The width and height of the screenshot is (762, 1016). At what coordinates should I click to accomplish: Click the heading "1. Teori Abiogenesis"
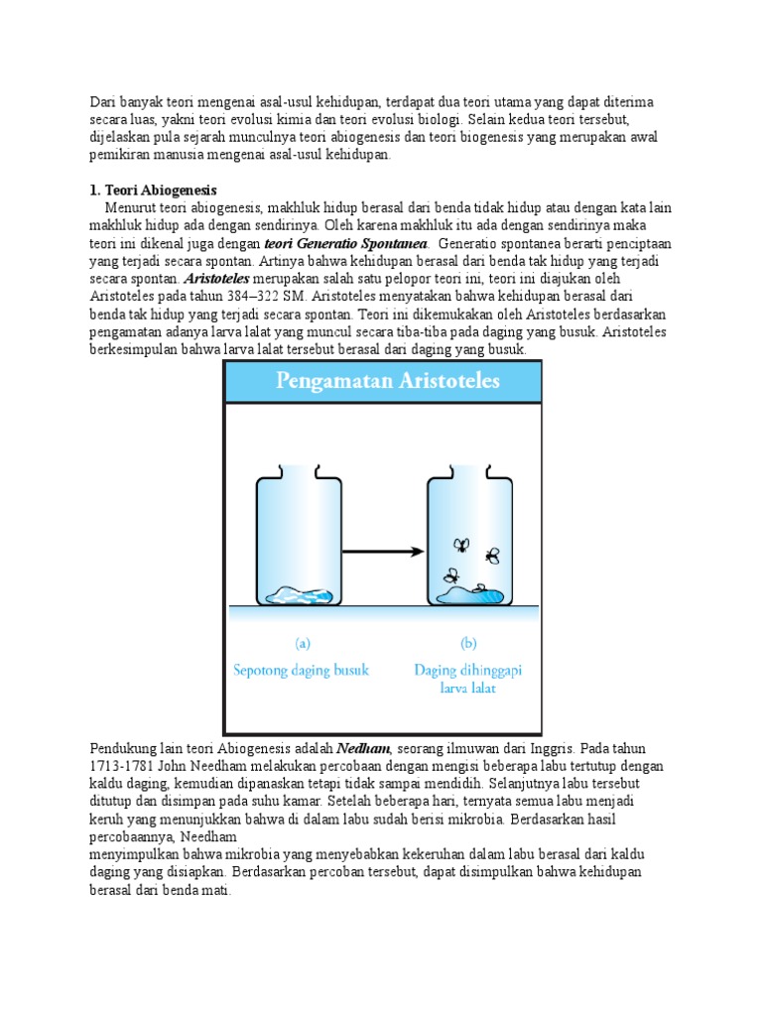point(153,190)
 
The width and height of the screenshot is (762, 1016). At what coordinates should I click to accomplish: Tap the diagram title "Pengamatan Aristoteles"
point(383,382)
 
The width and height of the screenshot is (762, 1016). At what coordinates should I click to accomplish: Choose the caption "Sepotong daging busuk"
point(300,670)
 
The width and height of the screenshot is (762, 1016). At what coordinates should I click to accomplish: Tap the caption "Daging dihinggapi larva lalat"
point(467,679)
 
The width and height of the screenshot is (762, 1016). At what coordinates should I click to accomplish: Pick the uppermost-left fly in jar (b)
point(460,544)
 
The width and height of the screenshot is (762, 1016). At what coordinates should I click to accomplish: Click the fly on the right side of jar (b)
point(492,557)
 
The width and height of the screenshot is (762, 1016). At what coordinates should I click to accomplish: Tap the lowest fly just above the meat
point(451,574)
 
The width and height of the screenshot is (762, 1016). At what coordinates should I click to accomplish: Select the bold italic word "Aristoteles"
point(216,279)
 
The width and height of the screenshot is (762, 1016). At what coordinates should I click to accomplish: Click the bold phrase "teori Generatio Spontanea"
point(345,243)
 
